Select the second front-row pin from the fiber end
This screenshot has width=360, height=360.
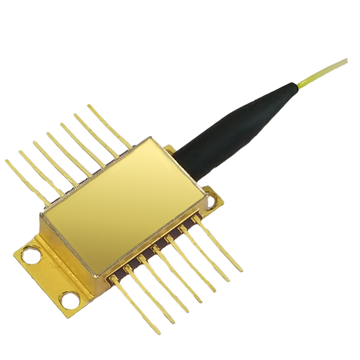pyautogui.click(x=205, y=252)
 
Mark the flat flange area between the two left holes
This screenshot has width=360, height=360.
pyautogui.click(x=49, y=274)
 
